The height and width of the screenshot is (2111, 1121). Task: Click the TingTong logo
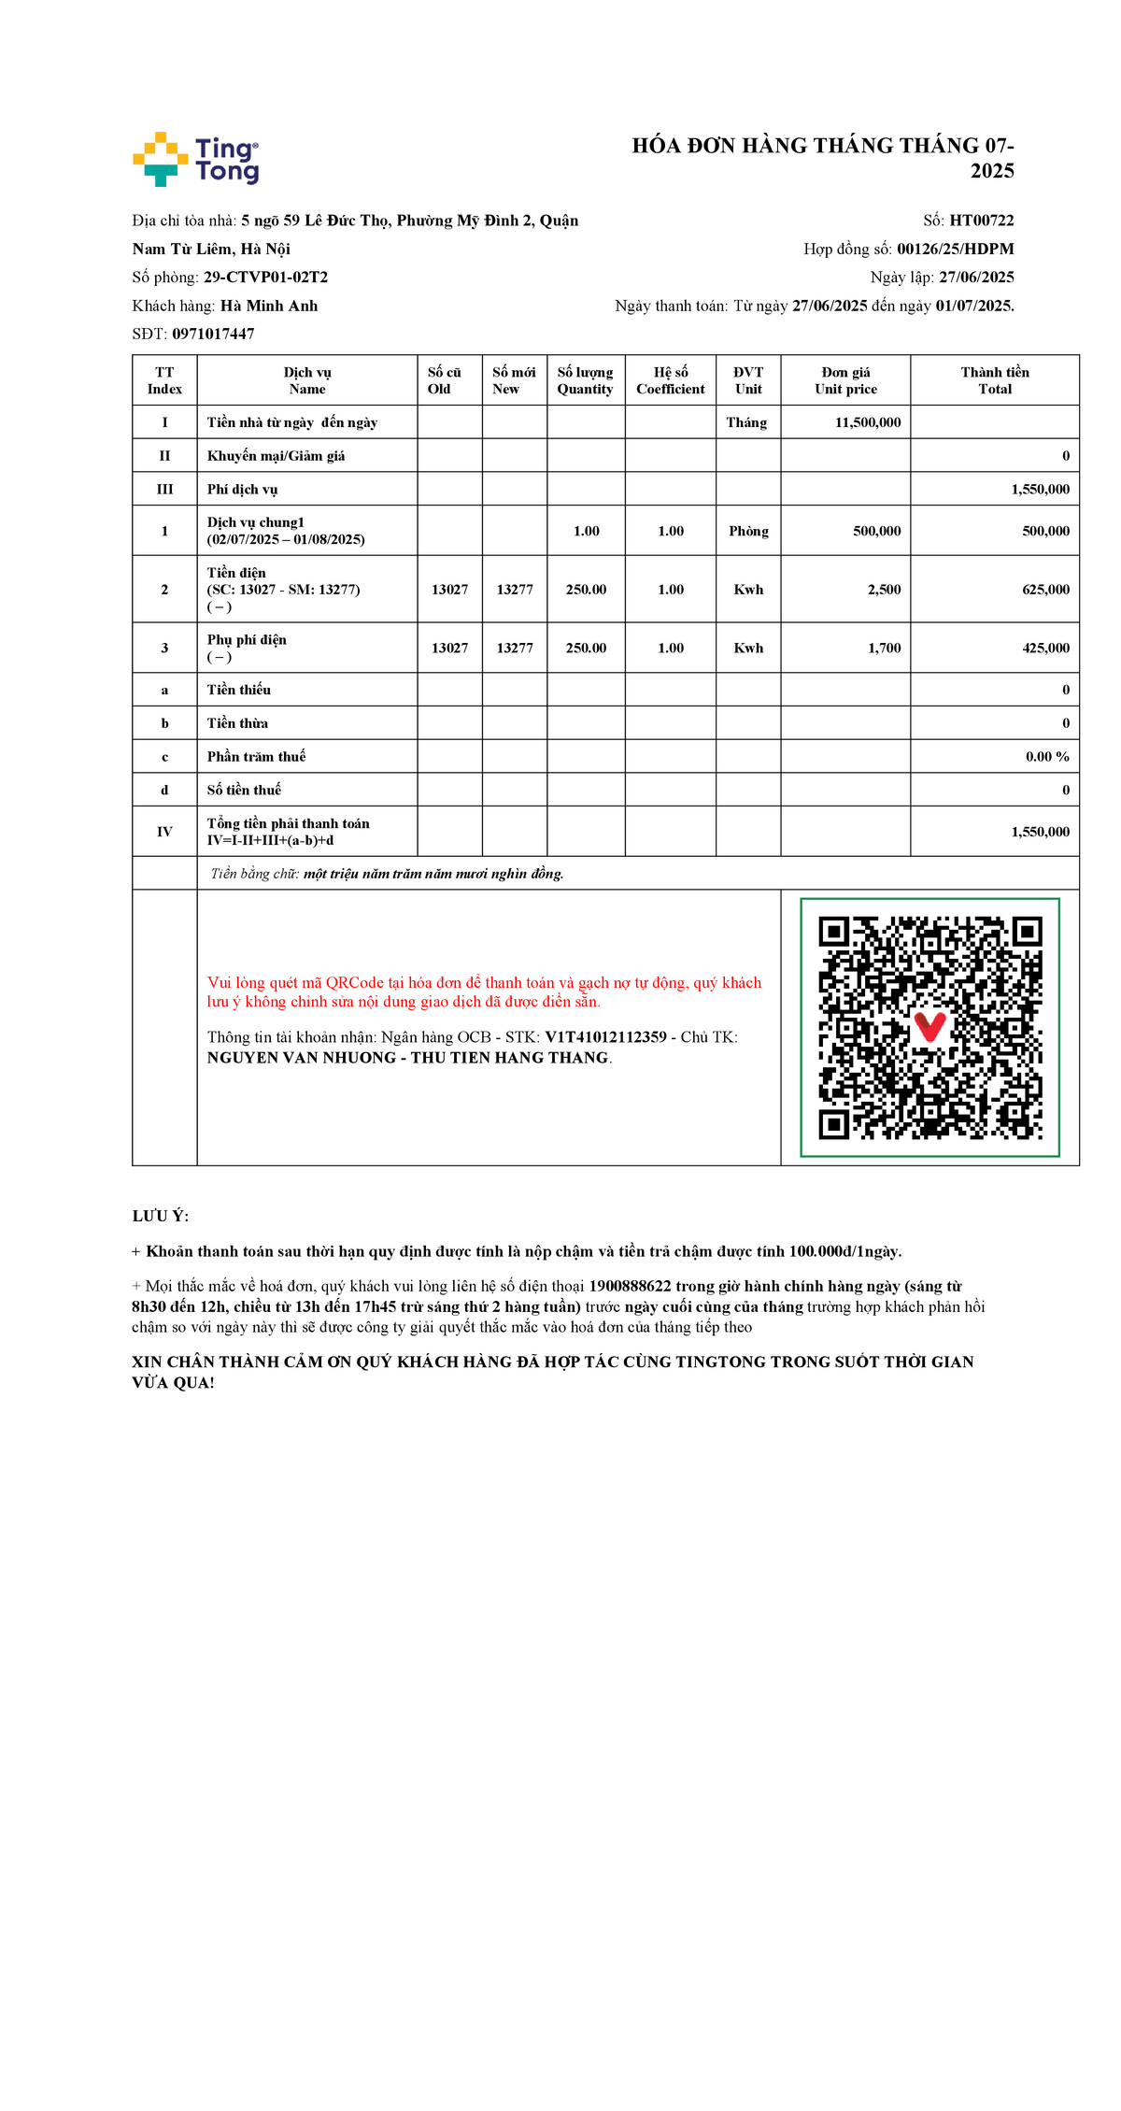pyautogui.click(x=196, y=160)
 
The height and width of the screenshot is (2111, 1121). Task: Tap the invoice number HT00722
pyautogui.click(x=981, y=221)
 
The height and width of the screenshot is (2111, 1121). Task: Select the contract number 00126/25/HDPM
pyautogui.click(x=955, y=249)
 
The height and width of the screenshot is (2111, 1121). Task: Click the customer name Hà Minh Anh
pyautogui.click(x=269, y=306)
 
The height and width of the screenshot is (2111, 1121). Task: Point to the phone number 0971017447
pyautogui.click(x=213, y=334)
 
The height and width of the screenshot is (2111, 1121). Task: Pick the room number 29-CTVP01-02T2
pyautogui.click(x=265, y=278)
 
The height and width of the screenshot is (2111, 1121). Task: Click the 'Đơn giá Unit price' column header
pyautogui.click(x=845, y=380)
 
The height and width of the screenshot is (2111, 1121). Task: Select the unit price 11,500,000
pyautogui.click(x=868, y=422)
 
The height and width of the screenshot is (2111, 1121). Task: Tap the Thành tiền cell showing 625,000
pyautogui.click(x=1045, y=590)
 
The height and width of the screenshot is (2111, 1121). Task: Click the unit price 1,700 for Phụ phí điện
pyautogui.click(x=884, y=648)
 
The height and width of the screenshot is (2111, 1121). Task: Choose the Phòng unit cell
pyautogui.click(x=748, y=531)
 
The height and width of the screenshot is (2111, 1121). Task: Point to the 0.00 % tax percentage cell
pyautogui.click(x=1046, y=757)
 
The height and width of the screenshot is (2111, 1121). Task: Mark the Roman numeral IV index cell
pyautogui.click(x=164, y=832)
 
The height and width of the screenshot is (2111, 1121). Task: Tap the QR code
pyautogui.click(x=929, y=1027)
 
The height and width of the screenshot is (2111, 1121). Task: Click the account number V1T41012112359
pyautogui.click(x=605, y=1037)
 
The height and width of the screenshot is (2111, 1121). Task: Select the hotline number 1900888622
pyautogui.click(x=630, y=1287)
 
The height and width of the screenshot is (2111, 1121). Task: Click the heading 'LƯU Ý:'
pyautogui.click(x=161, y=1216)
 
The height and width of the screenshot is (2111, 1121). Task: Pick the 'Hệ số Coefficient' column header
pyautogui.click(x=670, y=380)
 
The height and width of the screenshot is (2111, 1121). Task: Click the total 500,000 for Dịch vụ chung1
pyautogui.click(x=1045, y=531)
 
